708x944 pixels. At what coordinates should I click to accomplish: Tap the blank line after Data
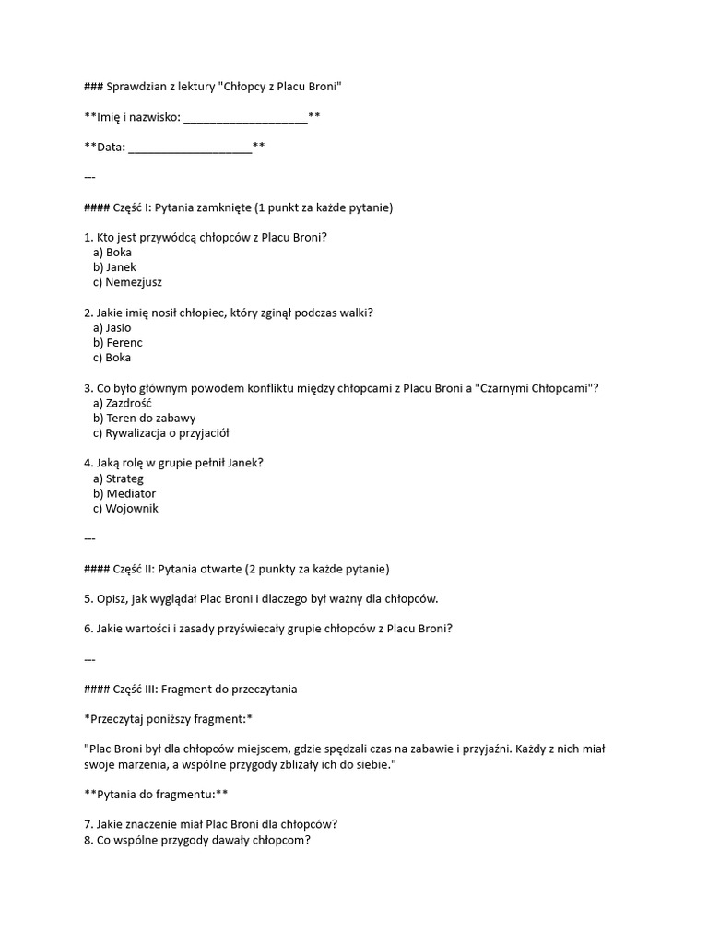pos(189,147)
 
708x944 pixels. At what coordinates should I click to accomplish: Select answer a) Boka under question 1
pos(112,253)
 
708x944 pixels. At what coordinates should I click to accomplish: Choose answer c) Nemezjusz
pos(127,282)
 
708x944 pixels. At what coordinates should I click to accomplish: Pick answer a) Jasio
pos(112,328)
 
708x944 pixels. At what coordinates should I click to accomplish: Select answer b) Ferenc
pos(118,343)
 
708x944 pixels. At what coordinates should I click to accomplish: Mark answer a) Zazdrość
pos(123,403)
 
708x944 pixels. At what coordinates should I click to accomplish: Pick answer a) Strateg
pos(119,478)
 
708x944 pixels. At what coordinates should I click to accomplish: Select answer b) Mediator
pos(124,493)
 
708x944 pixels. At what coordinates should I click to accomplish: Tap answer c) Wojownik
pos(125,509)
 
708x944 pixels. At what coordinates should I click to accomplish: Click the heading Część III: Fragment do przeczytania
pos(205,690)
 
